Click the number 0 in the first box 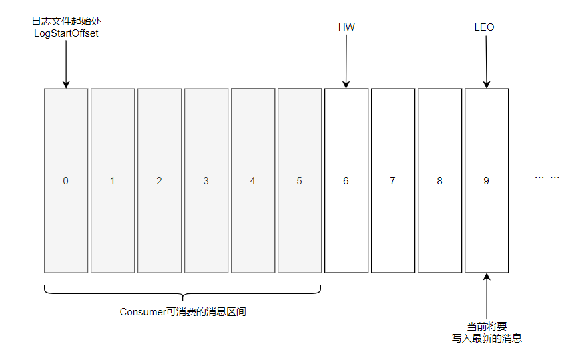pyautogui.click(x=65, y=181)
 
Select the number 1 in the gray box pyautogui.click(x=112, y=181)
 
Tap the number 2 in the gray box pyautogui.click(x=159, y=181)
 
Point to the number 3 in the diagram pyautogui.click(x=206, y=181)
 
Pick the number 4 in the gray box pyautogui.click(x=252, y=181)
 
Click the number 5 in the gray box pyautogui.click(x=299, y=181)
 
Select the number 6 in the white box pyautogui.click(x=346, y=181)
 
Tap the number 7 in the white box pyautogui.click(x=392, y=181)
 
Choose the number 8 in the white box pyautogui.click(x=439, y=181)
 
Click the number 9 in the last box pyautogui.click(x=486, y=181)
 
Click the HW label pyautogui.click(x=346, y=27)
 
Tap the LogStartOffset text pyautogui.click(x=66, y=33)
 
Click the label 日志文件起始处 pyautogui.click(x=66, y=22)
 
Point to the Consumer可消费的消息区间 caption pyautogui.click(x=183, y=312)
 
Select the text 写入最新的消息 pyautogui.click(x=487, y=339)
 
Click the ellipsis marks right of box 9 pyautogui.click(x=547, y=178)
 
